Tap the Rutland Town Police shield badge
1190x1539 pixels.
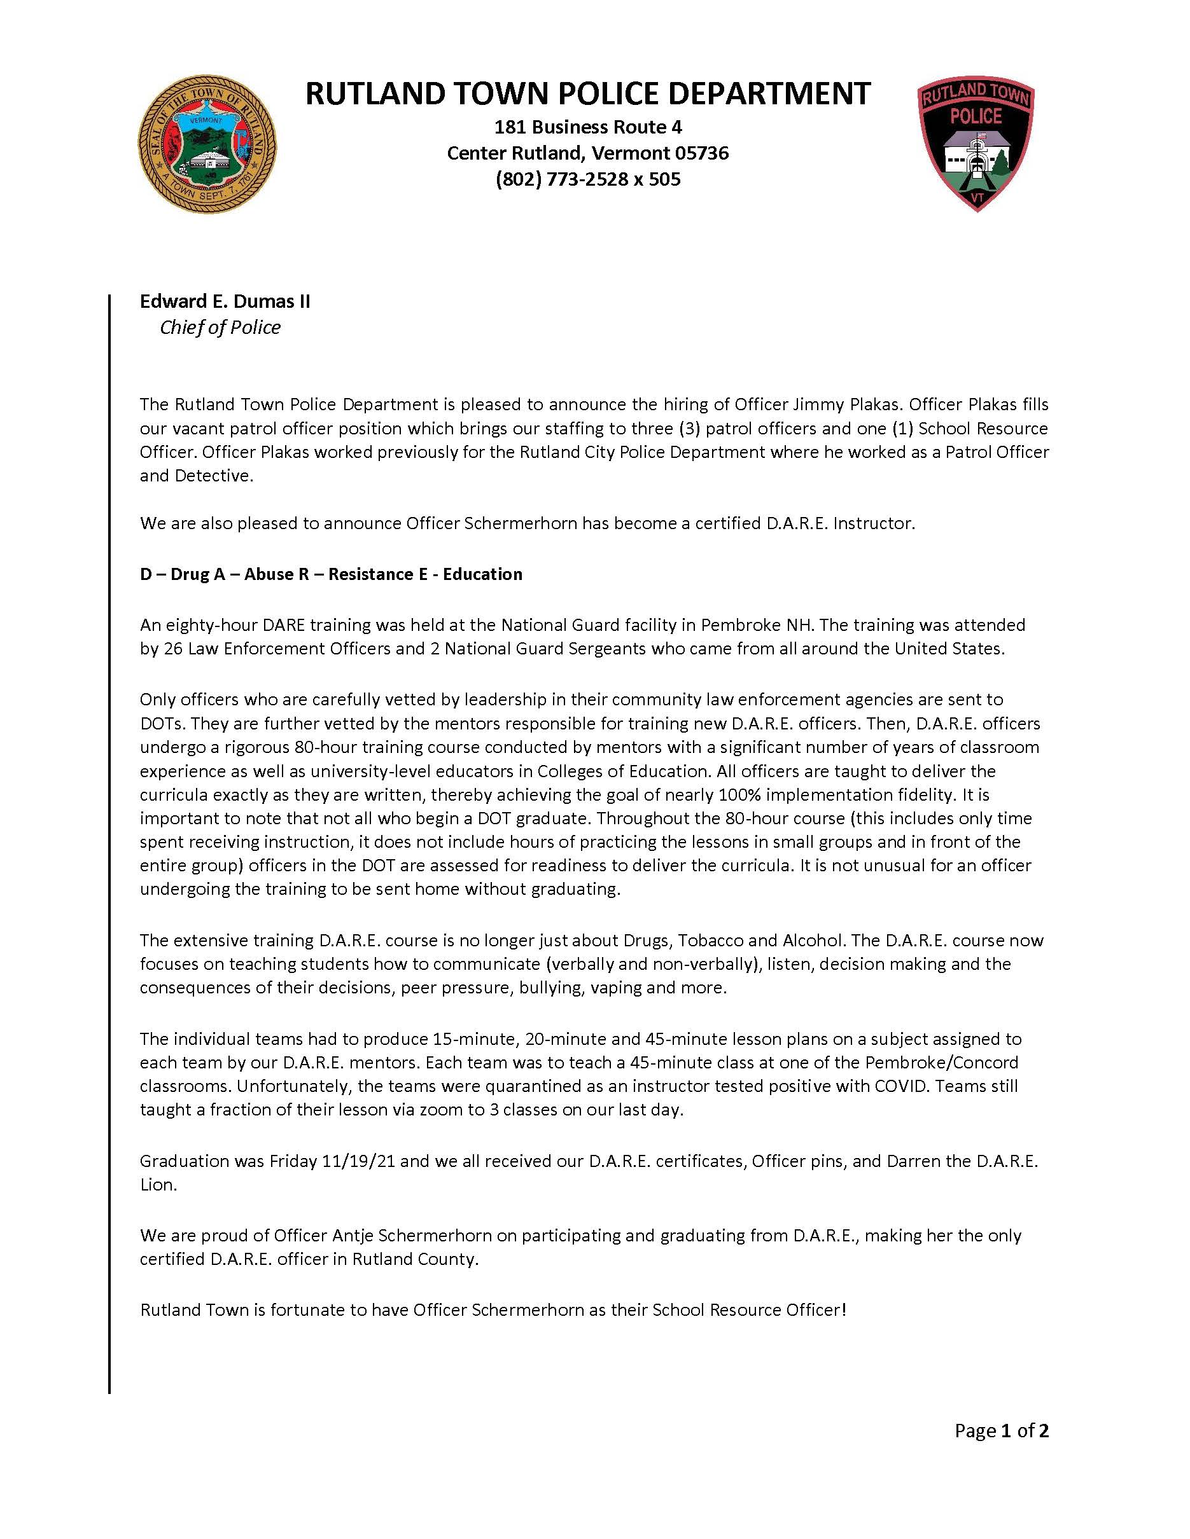[x=976, y=145]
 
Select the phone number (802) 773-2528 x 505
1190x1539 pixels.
[x=588, y=180]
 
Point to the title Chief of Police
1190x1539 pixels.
[x=220, y=328]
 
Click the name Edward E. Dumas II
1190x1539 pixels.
[x=225, y=301]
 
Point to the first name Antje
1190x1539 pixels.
[x=353, y=1235]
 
